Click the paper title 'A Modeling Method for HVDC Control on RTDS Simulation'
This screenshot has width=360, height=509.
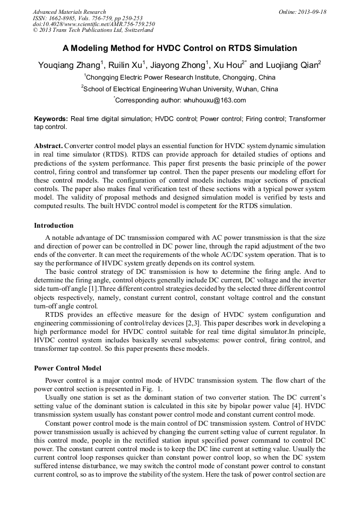179,48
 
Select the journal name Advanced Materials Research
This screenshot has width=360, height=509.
69,12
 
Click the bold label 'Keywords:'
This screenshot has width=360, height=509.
51,119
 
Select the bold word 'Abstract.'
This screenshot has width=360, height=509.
48,145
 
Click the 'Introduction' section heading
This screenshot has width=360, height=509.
54,226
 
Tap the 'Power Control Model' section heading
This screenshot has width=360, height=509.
67,368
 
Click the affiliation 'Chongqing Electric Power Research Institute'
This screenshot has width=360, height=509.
168,77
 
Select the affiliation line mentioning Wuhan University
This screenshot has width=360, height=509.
181,89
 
